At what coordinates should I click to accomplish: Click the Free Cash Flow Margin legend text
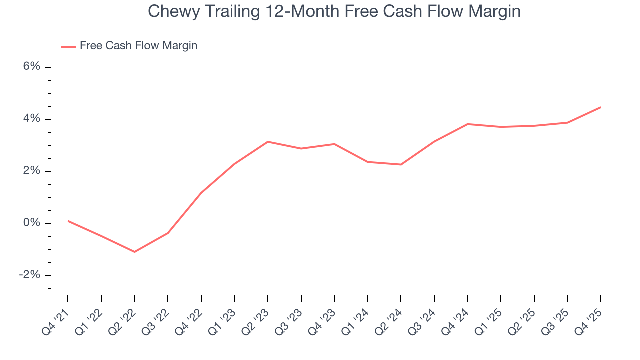pos(138,46)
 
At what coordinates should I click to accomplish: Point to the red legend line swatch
pos(68,46)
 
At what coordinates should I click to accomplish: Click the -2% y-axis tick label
pos(29,275)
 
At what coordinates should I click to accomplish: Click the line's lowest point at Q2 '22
pos(134,252)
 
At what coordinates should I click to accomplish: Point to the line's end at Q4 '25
pos(600,107)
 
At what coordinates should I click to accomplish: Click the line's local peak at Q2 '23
pos(268,142)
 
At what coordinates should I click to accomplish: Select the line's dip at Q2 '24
pos(401,165)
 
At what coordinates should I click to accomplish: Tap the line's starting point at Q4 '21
pos(68,221)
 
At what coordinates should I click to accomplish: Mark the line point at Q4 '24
pos(467,124)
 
